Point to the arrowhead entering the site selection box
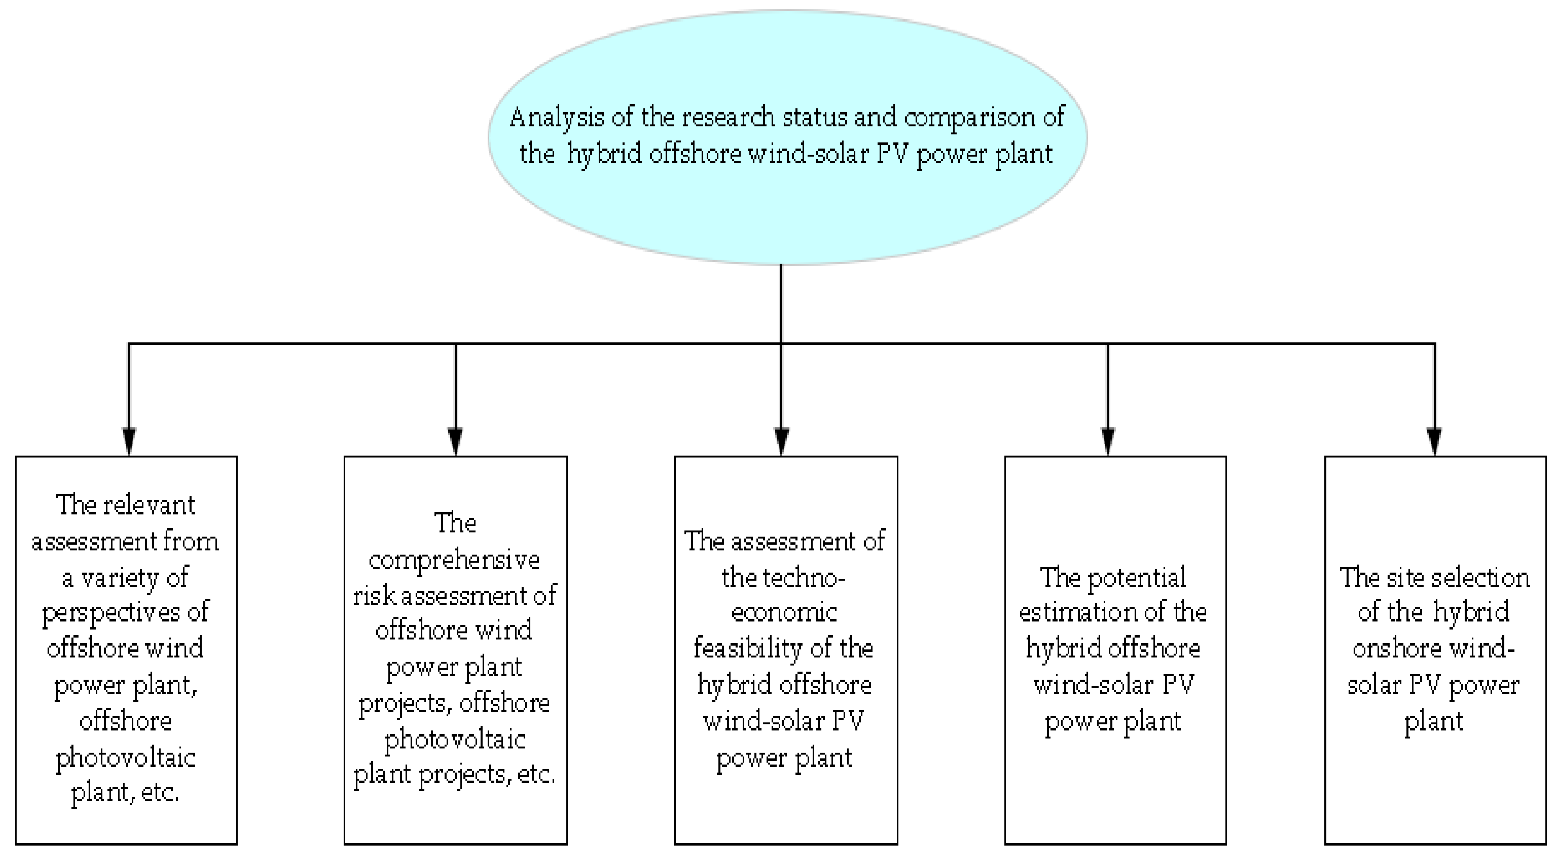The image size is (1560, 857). [x=1434, y=441]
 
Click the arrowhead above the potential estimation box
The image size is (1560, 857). [x=1108, y=441]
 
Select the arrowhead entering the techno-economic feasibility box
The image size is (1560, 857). [x=781, y=441]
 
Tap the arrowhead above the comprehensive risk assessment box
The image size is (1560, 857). [x=455, y=441]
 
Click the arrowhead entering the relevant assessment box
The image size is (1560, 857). [x=129, y=441]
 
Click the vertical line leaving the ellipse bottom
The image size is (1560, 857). [x=781, y=303]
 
